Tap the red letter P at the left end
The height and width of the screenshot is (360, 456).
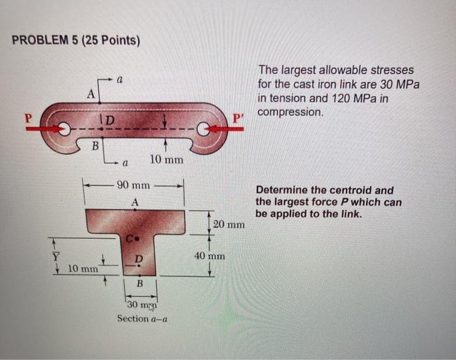coord(27,119)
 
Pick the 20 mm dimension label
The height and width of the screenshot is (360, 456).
coord(229,225)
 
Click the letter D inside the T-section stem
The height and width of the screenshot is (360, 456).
coord(138,259)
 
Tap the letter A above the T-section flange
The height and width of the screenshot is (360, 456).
coord(135,202)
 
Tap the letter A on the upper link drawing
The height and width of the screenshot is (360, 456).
coord(92,93)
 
